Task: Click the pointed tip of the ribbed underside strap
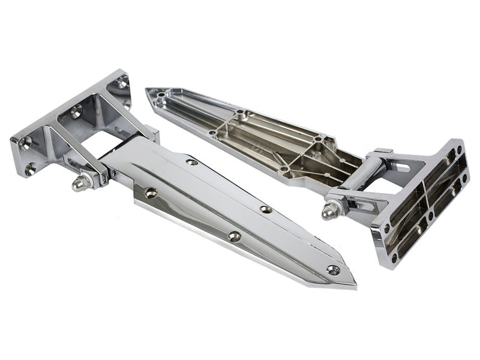click(x=148, y=91)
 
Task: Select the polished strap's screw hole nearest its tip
click(x=332, y=269)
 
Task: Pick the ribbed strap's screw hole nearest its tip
click(x=161, y=94)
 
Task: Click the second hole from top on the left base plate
click(x=77, y=110)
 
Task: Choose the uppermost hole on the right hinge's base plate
click(x=459, y=148)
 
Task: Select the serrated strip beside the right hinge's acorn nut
click(x=354, y=207)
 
